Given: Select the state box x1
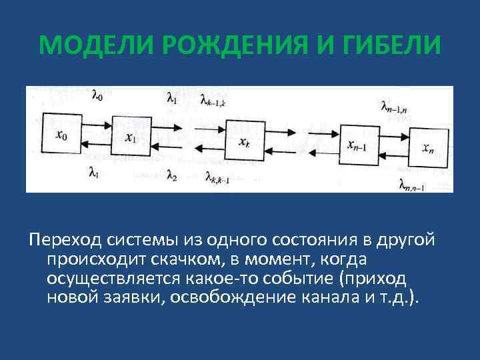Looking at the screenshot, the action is (132, 138).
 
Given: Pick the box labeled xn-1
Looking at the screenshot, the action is (359, 143).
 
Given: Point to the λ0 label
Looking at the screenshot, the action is (97, 97).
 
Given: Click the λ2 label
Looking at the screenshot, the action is (171, 176).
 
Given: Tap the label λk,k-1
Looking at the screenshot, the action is (218, 178).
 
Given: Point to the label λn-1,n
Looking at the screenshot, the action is (394, 106).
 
